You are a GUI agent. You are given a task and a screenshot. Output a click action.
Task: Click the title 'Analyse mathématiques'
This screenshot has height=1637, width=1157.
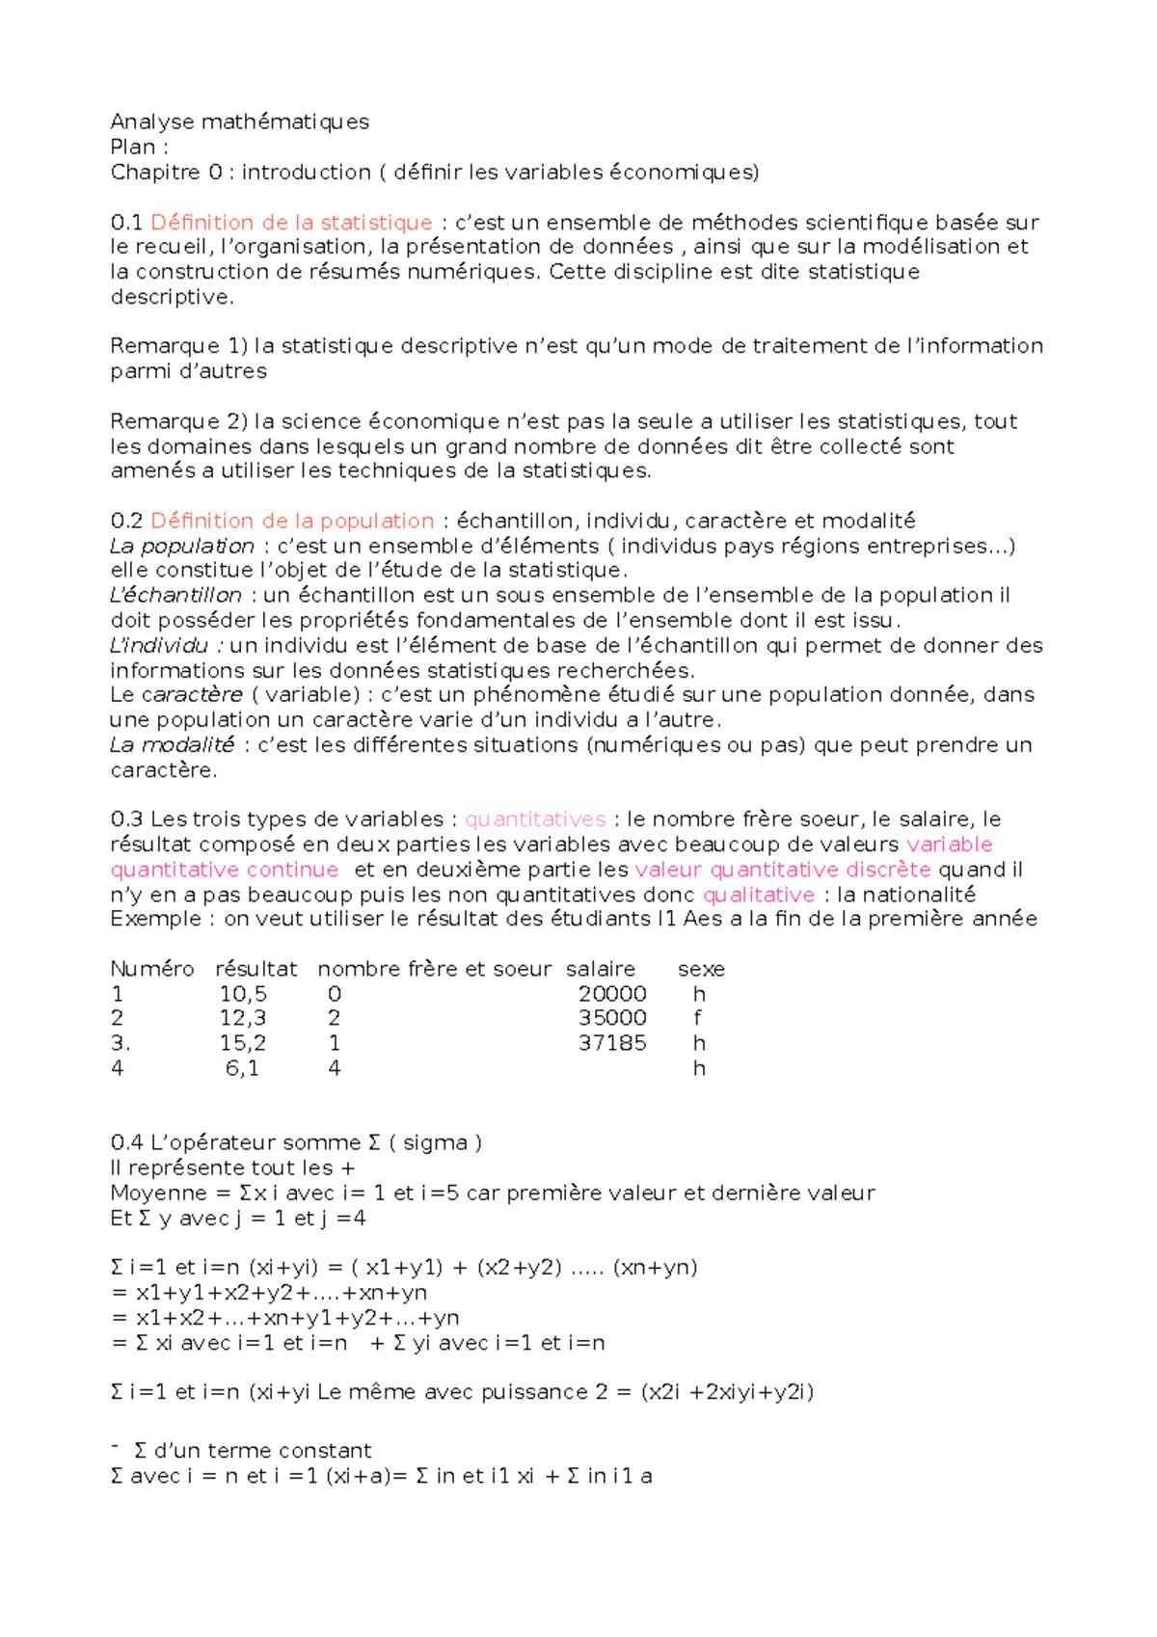[x=239, y=121]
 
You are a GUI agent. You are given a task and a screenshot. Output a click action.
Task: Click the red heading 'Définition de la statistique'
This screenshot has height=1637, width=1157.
[x=291, y=223]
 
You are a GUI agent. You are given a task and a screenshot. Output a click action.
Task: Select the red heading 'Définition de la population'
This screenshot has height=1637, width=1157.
[x=292, y=521]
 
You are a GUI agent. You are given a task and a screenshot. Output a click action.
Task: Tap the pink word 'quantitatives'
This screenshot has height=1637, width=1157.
[x=535, y=819]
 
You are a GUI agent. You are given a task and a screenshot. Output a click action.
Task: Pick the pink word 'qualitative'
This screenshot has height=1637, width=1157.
[x=759, y=895]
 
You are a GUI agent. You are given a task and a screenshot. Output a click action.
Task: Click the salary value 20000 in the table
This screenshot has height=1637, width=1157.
[x=612, y=994]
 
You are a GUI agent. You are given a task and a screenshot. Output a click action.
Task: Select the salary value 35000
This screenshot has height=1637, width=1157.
[x=612, y=1018]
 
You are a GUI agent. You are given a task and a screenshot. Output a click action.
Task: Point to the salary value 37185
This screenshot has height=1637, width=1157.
[x=612, y=1043]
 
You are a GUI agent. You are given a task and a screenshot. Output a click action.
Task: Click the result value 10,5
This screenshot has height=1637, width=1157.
[x=243, y=994]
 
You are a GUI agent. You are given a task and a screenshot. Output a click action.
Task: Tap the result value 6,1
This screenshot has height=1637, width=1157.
[x=242, y=1068]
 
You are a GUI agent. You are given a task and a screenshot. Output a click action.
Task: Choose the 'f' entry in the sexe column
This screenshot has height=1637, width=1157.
[x=697, y=1018]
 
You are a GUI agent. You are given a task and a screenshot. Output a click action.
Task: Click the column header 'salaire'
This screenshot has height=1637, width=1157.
[x=601, y=969]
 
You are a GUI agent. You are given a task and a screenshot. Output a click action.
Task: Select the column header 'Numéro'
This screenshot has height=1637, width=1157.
[x=152, y=969]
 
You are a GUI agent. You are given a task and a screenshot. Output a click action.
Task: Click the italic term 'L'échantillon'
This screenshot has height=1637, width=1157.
[x=175, y=596]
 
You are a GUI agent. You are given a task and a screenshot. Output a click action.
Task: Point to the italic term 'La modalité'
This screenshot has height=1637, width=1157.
[x=172, y=745]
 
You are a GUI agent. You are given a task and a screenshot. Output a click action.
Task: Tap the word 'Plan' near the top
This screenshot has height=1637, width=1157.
[x=132, y=147]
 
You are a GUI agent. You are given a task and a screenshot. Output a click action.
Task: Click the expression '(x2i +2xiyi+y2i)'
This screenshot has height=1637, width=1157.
[x=727, y=1392]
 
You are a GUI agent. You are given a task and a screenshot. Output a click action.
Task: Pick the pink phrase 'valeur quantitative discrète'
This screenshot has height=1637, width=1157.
[x=783, y=870]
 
